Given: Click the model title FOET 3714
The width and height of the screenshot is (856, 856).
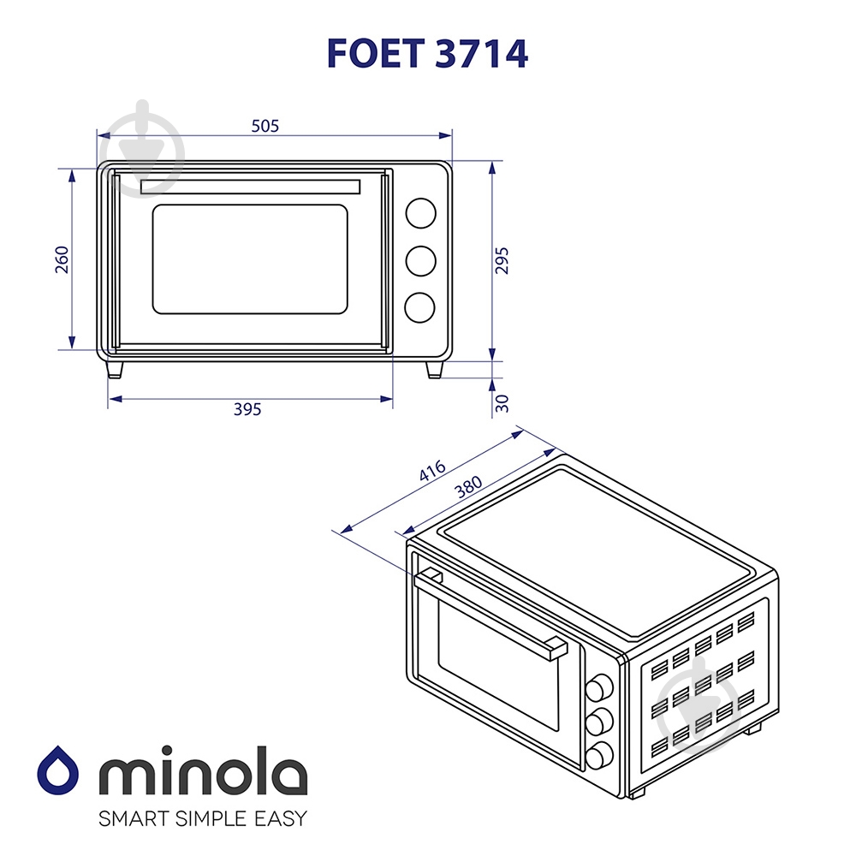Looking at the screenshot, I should coord(427,53).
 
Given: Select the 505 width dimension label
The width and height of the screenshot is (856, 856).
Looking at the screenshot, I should coord(265,126).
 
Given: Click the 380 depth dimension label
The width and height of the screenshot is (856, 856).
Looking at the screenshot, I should coord(468,487).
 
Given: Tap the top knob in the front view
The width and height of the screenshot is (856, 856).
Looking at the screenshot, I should coord(420,214).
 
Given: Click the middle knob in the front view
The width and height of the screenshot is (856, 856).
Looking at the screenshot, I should coord(420,261).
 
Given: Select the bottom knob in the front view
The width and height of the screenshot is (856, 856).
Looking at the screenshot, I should coord(420,308).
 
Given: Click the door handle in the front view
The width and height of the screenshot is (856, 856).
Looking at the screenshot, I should coord(249,187).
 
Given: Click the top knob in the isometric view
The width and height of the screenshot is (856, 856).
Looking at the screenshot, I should coord(600,686).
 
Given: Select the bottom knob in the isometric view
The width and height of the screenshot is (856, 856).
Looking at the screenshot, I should coord(600,753).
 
